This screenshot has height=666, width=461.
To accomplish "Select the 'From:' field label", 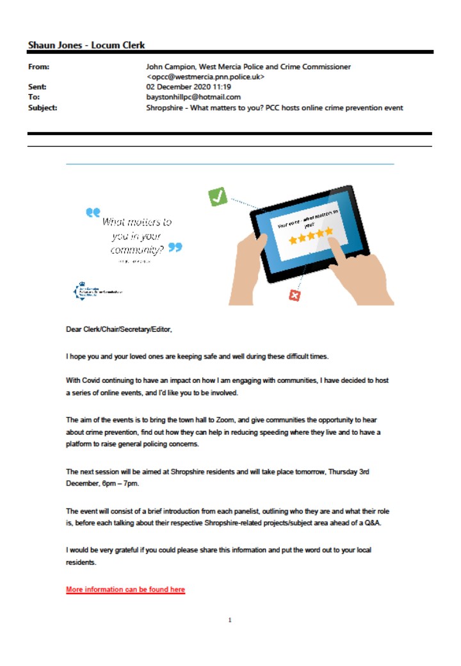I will click(39, 67).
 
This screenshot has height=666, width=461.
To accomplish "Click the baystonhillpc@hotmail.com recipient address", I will click(193, 97).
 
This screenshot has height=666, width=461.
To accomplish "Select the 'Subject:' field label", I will click(42, 108).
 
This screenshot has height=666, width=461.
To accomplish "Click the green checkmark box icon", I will click(218, 197).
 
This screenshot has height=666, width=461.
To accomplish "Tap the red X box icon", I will click(295, 295).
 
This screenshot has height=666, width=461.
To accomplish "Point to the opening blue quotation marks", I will click(93, 212).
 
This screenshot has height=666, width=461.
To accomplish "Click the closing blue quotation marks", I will click(175, 247).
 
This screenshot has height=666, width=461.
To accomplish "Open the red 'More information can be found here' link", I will click(125, 590).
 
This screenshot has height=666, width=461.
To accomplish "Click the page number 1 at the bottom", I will click(230, 620).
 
